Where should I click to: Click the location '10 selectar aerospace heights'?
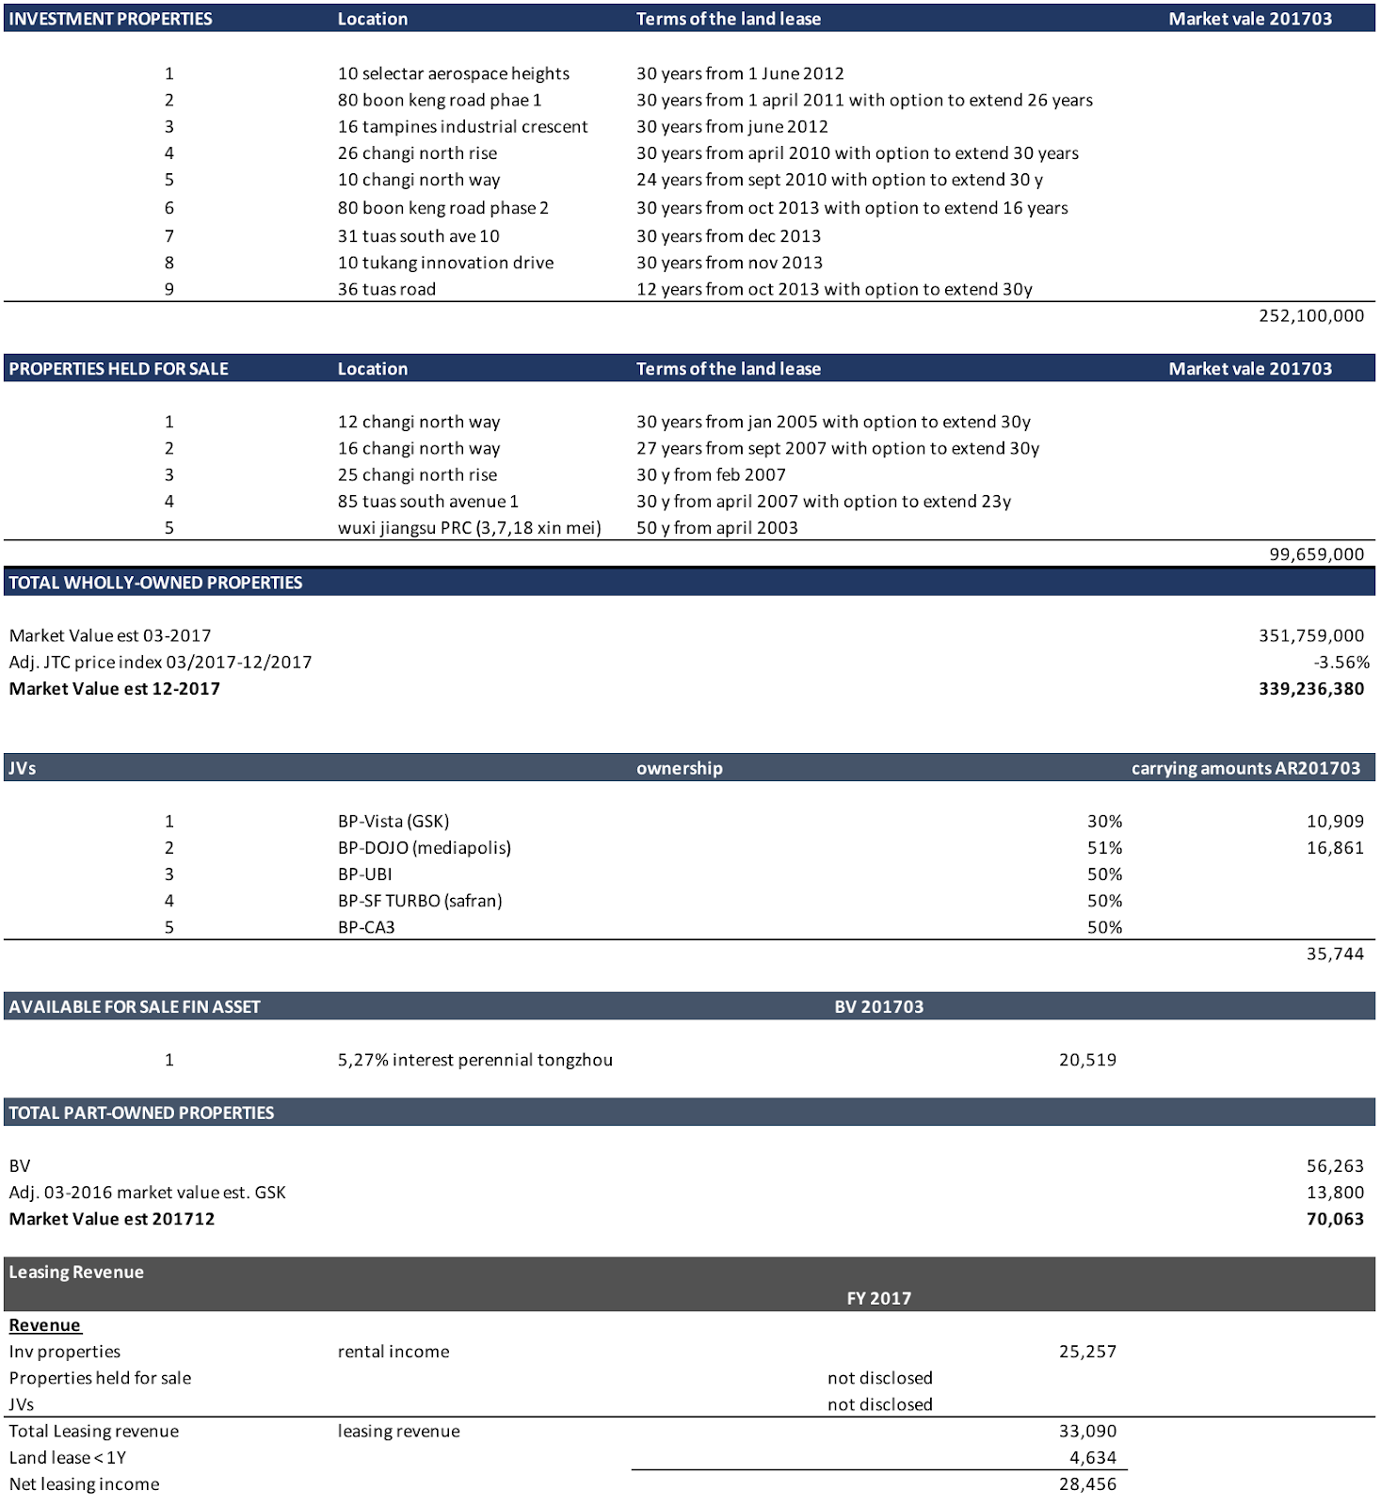tap(453, 73)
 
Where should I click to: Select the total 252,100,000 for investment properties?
tap(1310, 315)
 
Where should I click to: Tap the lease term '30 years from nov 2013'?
tap(729, 263)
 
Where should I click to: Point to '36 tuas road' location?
tap(386, 289)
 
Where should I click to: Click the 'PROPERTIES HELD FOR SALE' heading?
tap(119, 369)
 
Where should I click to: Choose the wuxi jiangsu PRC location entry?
tap(469, 528)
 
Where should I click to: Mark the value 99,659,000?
tap(1315, 554)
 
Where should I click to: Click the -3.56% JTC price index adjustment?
tap(1341, 663)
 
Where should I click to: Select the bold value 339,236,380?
tap(1310, 689)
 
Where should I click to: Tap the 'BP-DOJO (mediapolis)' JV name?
tap(424, 848)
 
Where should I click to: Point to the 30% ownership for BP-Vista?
tap(1104, 822)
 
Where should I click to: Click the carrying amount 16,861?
tap(1334, 848)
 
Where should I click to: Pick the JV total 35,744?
tap(1334, 954)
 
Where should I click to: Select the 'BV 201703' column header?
tap(878, 1007)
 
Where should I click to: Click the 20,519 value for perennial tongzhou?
tap(1087, 1060)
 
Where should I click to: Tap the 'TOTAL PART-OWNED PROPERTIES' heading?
tap(141, 1113)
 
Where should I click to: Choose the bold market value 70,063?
tap(1334, 1220)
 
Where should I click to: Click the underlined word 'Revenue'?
tap(44, 1325)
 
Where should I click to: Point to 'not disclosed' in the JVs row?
tap(879, 1404)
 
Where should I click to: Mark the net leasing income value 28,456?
tap(1087, 1484)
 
